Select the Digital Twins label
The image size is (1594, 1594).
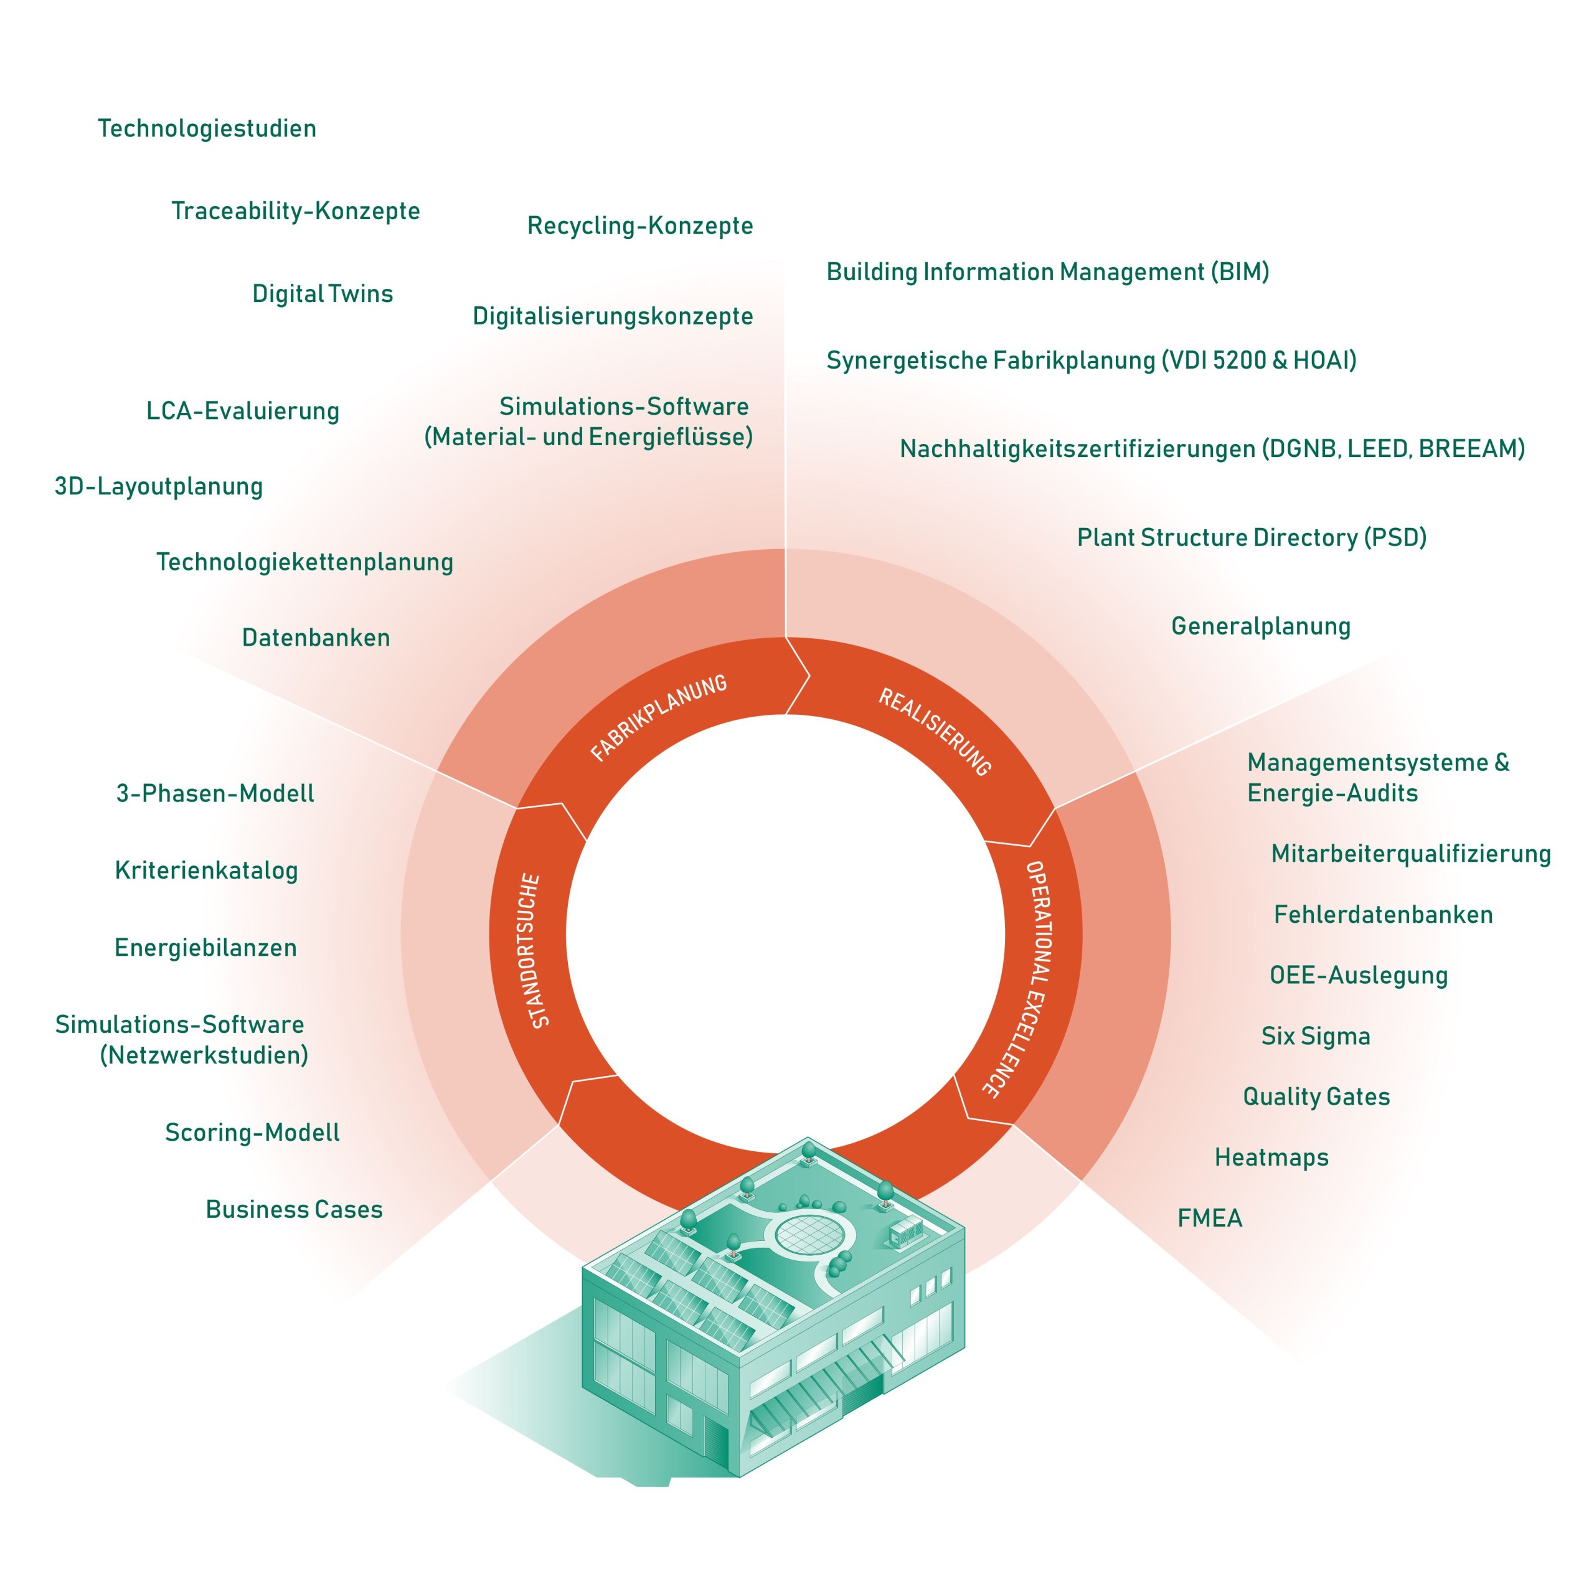point(323,294)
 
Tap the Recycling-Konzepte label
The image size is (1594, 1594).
point(640,225)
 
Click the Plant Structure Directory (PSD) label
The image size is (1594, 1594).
point(1252,537)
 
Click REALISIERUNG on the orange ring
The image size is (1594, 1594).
point(935,731)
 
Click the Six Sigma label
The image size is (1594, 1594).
point(1315,1035)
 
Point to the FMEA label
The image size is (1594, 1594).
point(1210,1218)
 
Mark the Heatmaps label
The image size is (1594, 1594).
point(1271,1157)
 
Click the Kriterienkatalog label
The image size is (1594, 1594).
point(206,870)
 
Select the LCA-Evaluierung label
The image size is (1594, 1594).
point(243,410)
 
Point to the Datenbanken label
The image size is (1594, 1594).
point(316,637)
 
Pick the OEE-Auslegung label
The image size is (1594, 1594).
point(1359,974)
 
